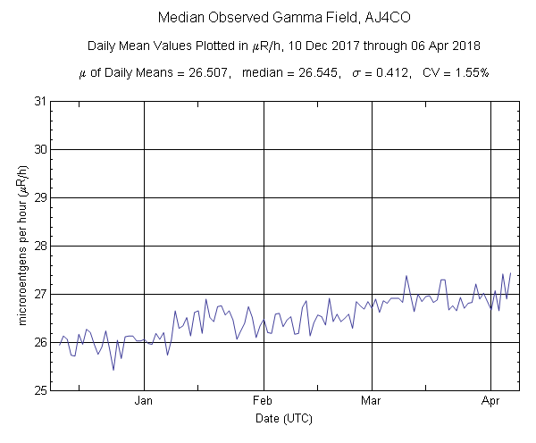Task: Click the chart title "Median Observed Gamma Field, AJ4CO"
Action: pyautogui.click(x=268, y=18)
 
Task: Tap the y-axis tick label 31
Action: pyautogui.click(x=39, y=101)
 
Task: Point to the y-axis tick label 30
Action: pyautogui.click(x=39, y=149)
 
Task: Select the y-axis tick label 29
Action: pyautogui.click(x=39, y=197)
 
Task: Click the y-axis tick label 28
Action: pyautogui.click(x=39, y=246)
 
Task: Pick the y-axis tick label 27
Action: pyautogui.click(x=39, y=294)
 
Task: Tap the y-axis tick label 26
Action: pyautogui.click(x=39, y=342)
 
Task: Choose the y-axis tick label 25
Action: pyautogui.click(x=39, y=390)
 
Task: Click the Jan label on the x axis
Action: pyautogui.click(x=145, y=401)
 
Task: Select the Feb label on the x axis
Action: pyautogui.click(x=263, y=401)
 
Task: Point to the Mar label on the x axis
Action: pyautogui.click(x=371, y=401)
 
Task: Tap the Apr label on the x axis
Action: pyautogui.click(x=490, y=401)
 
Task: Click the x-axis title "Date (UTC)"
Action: pyautogui.click(x=273, y=417)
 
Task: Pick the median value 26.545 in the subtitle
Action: pyautogui.click(x=314, y=72)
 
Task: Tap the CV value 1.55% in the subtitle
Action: pyautogui.click(x=469, y=72)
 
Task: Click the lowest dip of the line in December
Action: pyautogui.click(x=113, y=370)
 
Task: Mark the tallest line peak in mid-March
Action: pyautogui.click(x=406, y=276)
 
